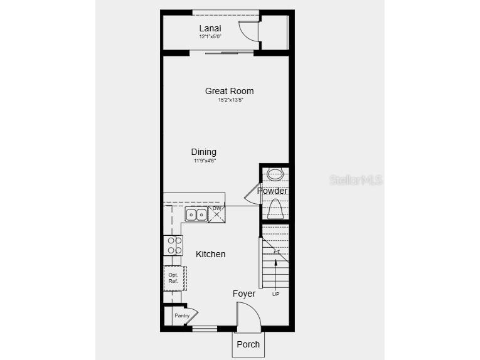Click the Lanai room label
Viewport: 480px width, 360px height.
[x=210, y=28]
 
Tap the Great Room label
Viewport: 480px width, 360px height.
[x=229, y=91]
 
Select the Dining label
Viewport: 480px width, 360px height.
[x=204, y=152]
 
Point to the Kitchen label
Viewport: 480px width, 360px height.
[x=211, y=254]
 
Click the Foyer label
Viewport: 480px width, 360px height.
[x=244, y=294]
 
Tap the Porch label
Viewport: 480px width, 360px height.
[x=248, y=344]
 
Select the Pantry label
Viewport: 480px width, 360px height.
[x=182, y=315]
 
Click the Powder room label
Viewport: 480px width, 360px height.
[x=272, y=191]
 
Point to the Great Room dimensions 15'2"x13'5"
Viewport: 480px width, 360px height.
[x=230, y=100]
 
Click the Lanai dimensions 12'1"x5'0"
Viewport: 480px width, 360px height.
[x=210, y=36]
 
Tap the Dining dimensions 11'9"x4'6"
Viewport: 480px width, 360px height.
[x=205, y=161]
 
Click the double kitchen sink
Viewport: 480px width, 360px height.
[x=196, y=214]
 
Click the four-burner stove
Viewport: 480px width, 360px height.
[x=173, y=245]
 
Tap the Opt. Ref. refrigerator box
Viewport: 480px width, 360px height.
[x=174, y=278]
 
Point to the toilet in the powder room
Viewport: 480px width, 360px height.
[x=275, y=208]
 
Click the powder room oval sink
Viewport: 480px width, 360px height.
[x=275, y=174]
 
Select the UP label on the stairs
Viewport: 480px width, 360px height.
[x=275, y=294]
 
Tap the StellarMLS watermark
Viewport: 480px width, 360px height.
[x=355, y=180]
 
